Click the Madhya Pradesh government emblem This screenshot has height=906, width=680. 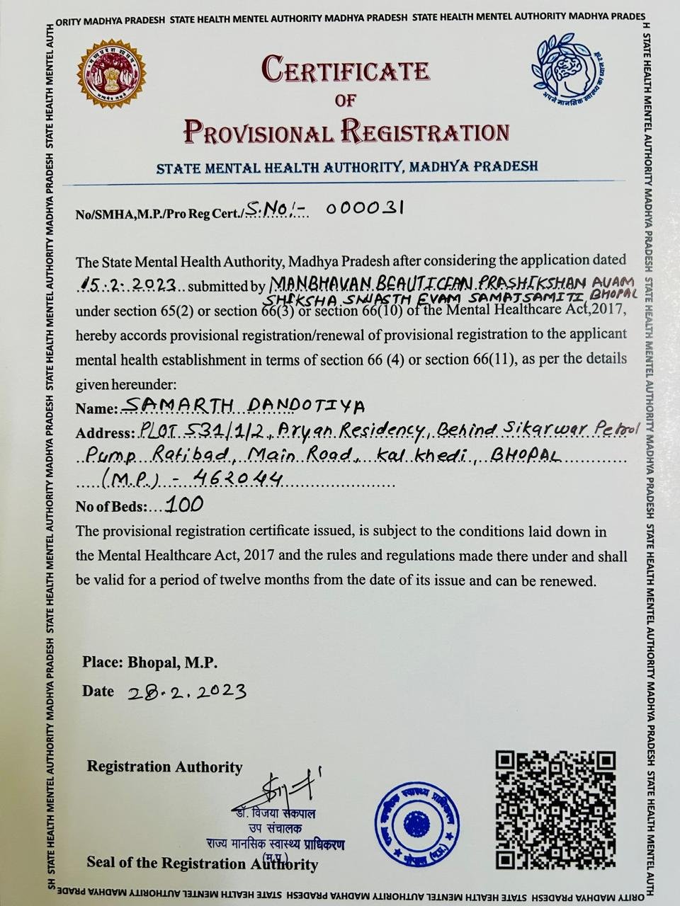pos(112,74)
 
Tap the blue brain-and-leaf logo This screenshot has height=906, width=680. pos(567,69)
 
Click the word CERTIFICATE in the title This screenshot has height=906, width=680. pos(346,70)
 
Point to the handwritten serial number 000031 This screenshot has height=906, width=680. pos(365,209)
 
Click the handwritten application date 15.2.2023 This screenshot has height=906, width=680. pos(128,285)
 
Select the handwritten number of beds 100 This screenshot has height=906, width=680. pos(183,504)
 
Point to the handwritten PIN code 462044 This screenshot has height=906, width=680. pos(234,479)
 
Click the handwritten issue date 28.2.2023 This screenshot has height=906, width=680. pos(187,692)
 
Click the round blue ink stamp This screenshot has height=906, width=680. pos(417,822)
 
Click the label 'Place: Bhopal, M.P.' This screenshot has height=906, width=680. pos(149,663)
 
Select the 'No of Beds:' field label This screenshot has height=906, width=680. pos(111,507)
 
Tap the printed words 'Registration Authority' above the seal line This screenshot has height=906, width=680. pos(164,767)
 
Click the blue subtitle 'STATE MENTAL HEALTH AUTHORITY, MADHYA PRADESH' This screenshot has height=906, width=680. pos(347,168)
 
